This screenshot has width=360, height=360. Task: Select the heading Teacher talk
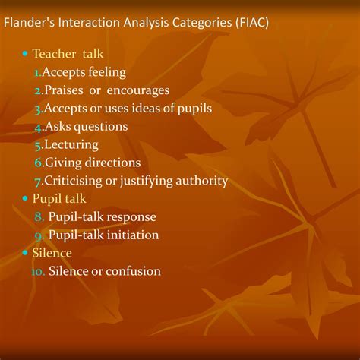(x=68, y=55)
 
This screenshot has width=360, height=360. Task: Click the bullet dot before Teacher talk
(x=25, y=55)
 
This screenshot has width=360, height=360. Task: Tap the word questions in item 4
(x=101, y=126)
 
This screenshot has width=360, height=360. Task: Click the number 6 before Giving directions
(x=38, y=163)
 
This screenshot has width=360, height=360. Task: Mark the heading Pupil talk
(x=61, y=198)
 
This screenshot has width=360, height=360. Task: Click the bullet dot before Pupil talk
(x=25, y=199)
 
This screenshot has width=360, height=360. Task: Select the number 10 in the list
(x=38, y=271)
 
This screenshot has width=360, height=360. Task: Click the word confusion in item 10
(x=134, y=271)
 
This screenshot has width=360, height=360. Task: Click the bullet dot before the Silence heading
(x=25, y=253)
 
